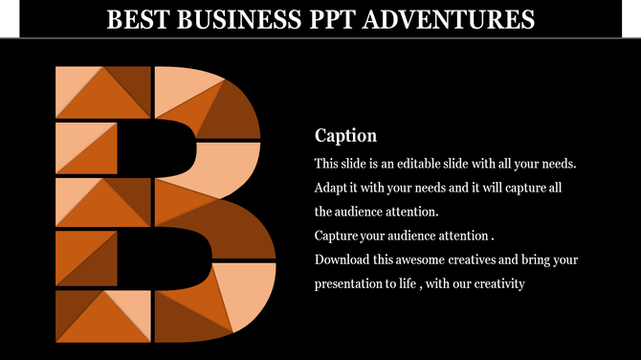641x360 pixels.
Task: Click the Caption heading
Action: (x=345, y=136)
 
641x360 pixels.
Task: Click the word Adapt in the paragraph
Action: (x=331, y=188)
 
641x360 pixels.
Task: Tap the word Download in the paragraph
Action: (x=343, y=259)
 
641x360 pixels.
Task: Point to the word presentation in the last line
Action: (x=350, y=283)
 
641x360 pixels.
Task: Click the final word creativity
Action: (x=497, y=283)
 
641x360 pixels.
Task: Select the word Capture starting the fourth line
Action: (x=337, y=236)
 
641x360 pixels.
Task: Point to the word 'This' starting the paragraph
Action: (x=326, y=164)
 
